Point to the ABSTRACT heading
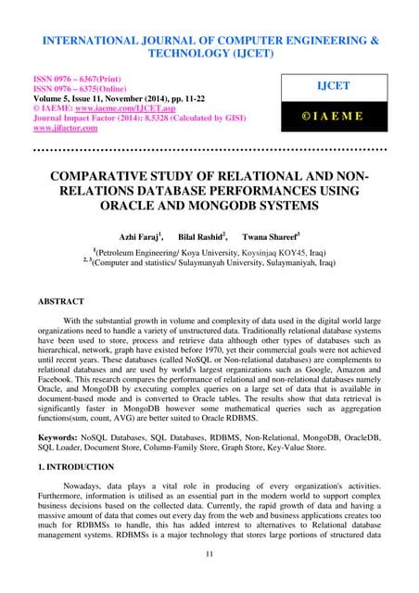[59, 302]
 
